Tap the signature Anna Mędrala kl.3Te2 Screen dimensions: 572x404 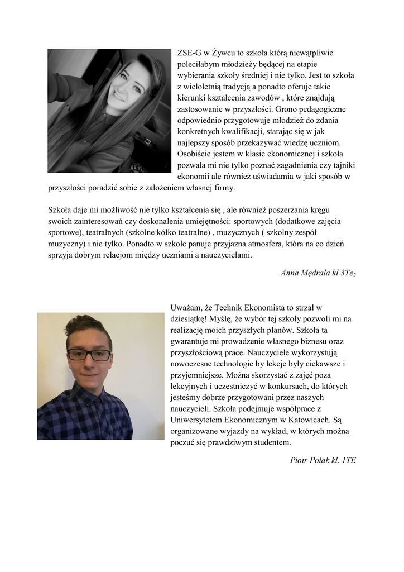point(318,273)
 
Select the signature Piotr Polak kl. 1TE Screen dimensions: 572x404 point(323,460)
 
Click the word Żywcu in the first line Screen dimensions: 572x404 point(224,54)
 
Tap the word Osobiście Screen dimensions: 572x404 point(194,154)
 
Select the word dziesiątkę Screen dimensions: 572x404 point(190,318)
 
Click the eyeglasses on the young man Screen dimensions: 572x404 point(89,355)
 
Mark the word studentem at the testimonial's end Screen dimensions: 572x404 point(263,442)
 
